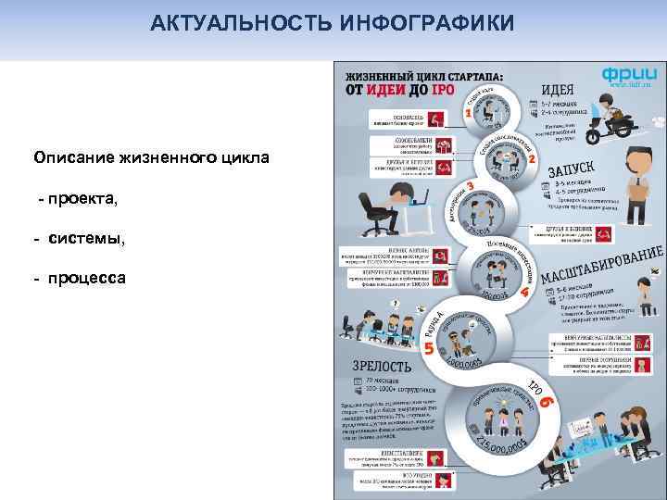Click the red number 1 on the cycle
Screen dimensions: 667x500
pyautogui.click(x=468, y=112)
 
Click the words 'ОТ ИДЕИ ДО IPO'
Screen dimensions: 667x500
pyautogui.click(x=399, y=90)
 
